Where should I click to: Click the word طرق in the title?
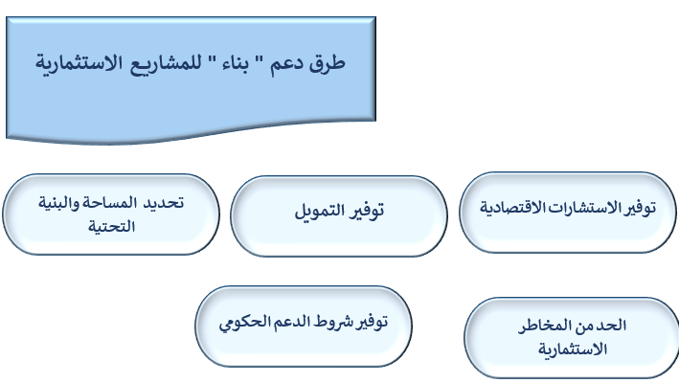[x=327, y=64]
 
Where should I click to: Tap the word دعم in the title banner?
[x=286, y=65]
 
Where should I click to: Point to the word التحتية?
[x=112, y=226]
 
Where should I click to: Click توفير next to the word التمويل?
[x=367, y=212]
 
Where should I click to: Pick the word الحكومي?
[x=243, y=324]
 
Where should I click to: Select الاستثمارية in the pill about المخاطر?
[x=573, y=349]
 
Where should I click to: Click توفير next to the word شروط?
[x=373, y=323]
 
